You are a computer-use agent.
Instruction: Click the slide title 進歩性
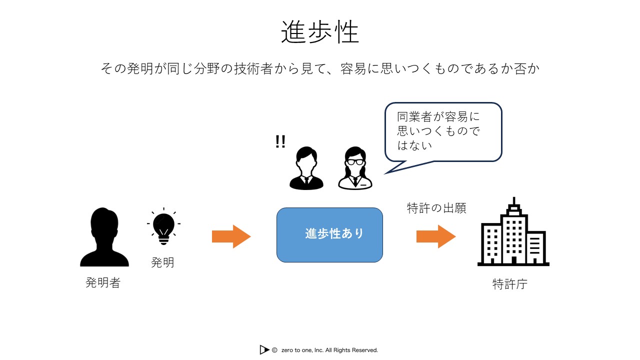(320, 32)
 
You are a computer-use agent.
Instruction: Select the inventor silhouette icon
(104, 237)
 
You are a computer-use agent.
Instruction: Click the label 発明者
(103, 282)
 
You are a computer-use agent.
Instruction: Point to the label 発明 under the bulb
(162, 262)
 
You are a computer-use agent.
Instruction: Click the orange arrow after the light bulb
(231, 236)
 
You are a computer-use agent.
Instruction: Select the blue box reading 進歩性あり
(329, 235)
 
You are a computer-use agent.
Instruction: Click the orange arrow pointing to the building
(436, 236)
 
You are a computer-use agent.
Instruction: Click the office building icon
(513, 231)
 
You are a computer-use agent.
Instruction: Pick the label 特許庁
(509, 284)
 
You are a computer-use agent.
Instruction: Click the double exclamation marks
(280, 141)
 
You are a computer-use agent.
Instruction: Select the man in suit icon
(306, 168)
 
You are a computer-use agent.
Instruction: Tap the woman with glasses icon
(355, 168)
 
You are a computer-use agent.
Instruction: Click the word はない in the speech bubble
(414, 145)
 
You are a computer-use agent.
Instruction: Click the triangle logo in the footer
(264, 349)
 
